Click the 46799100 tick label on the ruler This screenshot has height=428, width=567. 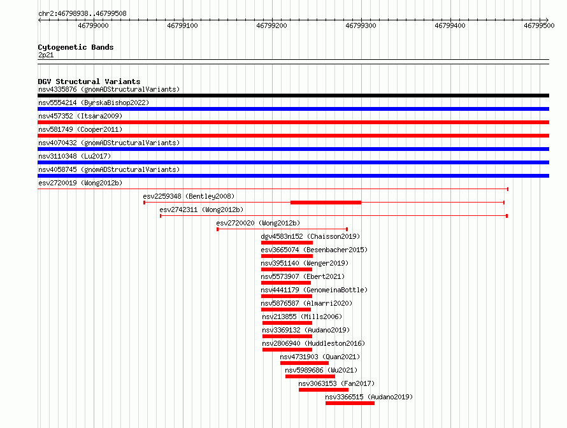click(x=182, y=25)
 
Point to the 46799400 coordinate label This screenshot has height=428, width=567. click(x=450, y=25)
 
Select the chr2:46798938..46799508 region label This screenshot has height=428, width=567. click(x=82, y=14)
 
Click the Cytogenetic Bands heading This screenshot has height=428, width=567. click(x=76, y=47)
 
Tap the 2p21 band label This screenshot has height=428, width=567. click(x=46, y=55)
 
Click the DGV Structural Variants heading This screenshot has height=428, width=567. click(x=89, y=82)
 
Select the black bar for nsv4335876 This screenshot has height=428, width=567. click(x=293, y=96)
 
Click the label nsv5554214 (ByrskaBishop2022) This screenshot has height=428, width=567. click(x=94, y=103)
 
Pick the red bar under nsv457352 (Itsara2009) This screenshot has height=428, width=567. click(x=293, y=122)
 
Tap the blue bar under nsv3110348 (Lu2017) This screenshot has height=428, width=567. click(x=293, y=162)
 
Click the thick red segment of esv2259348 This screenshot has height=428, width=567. click(x=326, y=203)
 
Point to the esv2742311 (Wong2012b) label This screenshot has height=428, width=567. click(x=201, y=210)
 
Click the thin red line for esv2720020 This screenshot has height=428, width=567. click(x=282, y=229)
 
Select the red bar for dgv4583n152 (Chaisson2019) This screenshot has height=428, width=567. click(x=287, y=243)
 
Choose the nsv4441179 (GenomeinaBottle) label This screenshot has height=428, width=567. click(x=314, y=290)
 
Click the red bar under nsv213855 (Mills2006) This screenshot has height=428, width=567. click(x=287, y=323)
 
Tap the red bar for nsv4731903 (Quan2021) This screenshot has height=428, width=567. click(x=305, y=363)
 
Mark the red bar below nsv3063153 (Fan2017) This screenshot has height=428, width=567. click(x=324, y=390)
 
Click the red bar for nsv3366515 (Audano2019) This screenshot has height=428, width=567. click(x=350, y=403)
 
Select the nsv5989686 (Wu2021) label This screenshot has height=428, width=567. click(x=321, y=370)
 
